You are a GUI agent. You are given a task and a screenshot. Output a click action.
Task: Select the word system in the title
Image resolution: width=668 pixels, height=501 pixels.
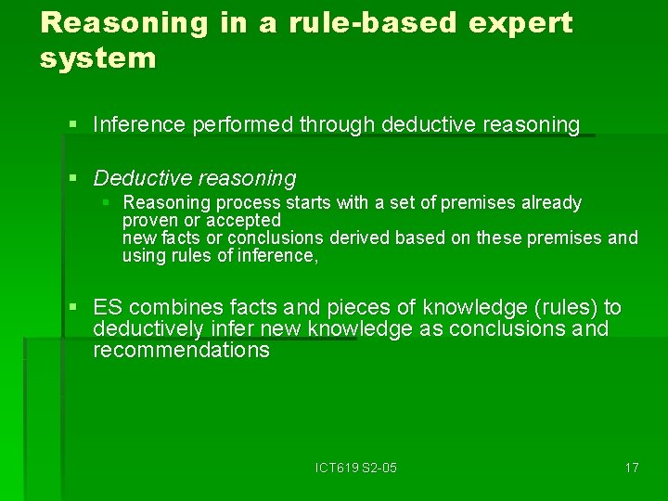tap(98, 59)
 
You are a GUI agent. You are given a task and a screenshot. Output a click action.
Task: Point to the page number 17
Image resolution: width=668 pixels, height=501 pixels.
tap(631, 468)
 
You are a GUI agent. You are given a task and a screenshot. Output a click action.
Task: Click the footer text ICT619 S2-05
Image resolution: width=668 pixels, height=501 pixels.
tap(355, 468)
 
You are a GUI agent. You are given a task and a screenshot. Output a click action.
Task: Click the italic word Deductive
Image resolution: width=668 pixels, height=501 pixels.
tap(140, 178)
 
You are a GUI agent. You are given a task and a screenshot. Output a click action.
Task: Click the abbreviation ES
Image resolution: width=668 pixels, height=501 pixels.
tap(108, 308)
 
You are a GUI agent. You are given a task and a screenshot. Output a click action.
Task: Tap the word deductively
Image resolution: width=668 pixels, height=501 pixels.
tap(148, 329)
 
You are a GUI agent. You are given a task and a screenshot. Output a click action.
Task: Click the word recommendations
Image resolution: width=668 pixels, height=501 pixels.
tap(181, 351)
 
